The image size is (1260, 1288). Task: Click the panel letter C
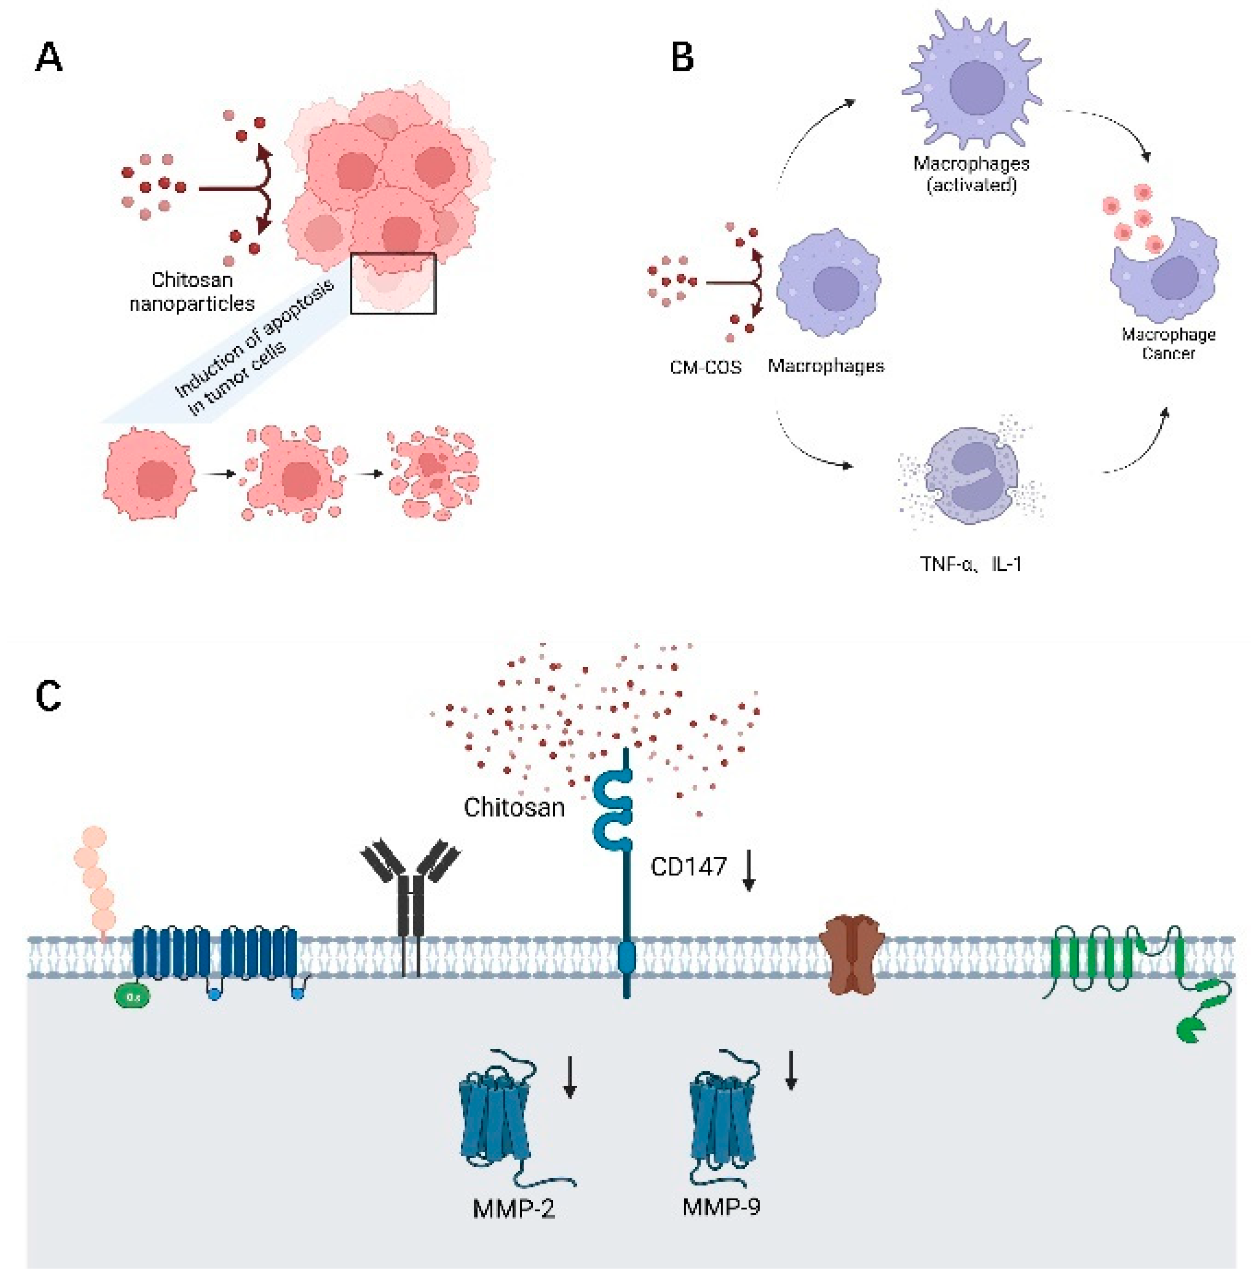click(x=48, y=696)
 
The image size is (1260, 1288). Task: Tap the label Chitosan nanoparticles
click(x=192, y=291)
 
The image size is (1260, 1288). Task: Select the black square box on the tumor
click(x=393, y=283)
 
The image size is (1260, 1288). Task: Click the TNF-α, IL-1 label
click(x=970, y=564)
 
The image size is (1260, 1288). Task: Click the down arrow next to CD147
click(x=748, y=871)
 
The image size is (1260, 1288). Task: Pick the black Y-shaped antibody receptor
click(x=410, y=904)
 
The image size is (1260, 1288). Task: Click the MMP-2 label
click(x=514, y=1209)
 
